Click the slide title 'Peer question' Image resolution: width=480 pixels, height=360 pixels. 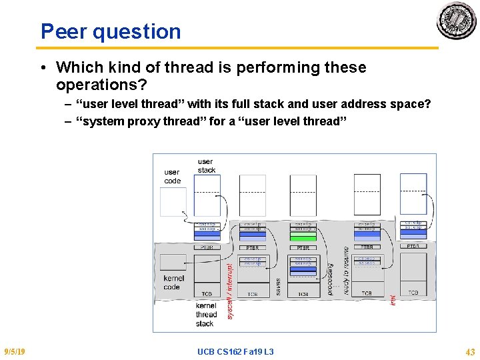(111, 31)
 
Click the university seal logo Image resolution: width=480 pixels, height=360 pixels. (457, 21)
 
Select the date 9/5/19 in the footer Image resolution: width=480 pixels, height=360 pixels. (15, 351)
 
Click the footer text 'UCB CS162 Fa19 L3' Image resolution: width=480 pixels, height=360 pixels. (235, 351)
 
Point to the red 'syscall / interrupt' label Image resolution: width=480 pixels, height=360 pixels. (230, 290)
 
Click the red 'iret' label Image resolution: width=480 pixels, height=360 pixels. (393, 300)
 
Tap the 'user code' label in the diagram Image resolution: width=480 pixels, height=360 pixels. (172, 177)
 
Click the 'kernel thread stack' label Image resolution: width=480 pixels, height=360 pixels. (206, 315)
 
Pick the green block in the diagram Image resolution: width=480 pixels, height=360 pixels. (303, 237)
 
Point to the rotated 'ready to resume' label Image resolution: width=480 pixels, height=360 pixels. (346, 271)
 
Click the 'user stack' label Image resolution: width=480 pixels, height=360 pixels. (206, 165)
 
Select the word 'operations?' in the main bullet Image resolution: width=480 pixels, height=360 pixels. (101, 86)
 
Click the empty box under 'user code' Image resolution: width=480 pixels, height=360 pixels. (173, 201)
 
